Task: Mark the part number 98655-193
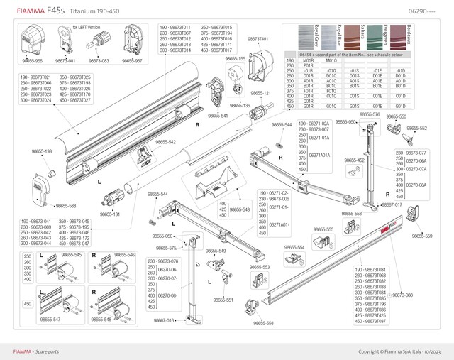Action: (42, 151)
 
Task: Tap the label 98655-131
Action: (109, 214)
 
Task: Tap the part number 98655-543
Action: (240, 209)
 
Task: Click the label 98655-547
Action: (50, 320)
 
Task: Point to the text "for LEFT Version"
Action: (87, 26)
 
